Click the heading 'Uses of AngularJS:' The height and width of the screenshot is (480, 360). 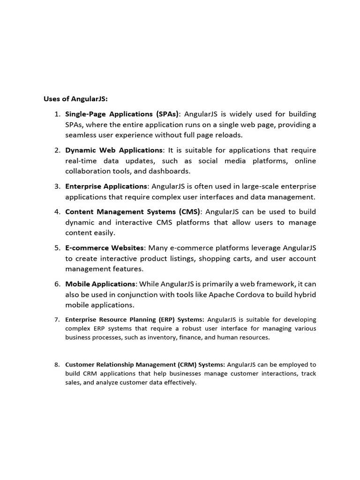(x=75, y=99)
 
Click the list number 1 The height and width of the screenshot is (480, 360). (x=57, y=114)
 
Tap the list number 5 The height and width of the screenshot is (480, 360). (x=57, y=247)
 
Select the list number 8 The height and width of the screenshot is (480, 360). (x=57, y=364)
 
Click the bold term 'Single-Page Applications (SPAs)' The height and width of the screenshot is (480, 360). (x=122, y=114)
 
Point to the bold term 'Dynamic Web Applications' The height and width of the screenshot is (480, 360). (x=113, y=150)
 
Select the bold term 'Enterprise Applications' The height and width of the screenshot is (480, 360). (x=106, y=186)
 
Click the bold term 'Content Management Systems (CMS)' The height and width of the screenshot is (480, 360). (x=133, y=211)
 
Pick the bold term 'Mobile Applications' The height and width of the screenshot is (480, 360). (x=100, y=284)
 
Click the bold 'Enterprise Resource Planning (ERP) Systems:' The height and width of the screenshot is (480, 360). (x=135, y=320)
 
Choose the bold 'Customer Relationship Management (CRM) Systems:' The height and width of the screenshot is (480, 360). (x=145, y=364)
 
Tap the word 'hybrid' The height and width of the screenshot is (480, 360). (x=304, y=294)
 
